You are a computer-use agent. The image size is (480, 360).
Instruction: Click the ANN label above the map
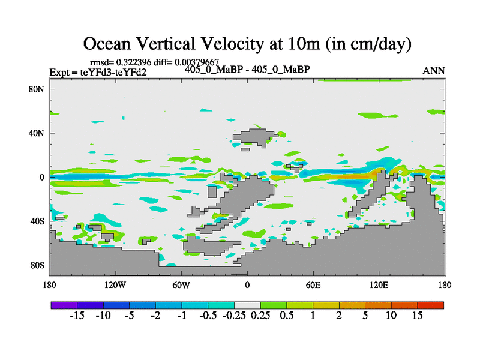[434, 71]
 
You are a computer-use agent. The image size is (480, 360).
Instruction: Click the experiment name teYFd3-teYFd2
[113, 72]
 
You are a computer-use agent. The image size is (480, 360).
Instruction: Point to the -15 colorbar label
[77, 316]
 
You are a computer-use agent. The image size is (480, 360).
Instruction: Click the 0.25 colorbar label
[260, 316]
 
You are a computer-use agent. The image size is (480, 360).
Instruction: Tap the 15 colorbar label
[418, 316]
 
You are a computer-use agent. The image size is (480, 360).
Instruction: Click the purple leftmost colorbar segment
[64, 305]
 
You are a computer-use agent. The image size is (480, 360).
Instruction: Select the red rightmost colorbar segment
[431, 305]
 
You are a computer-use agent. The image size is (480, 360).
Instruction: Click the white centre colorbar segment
[247, 305]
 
